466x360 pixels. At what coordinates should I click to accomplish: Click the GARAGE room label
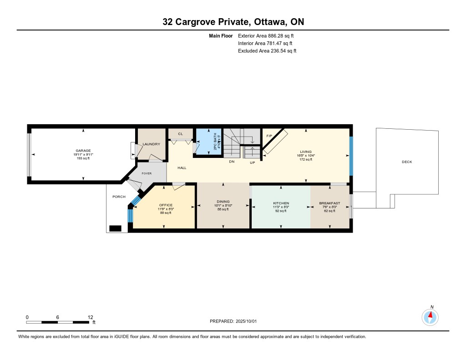(83, 151)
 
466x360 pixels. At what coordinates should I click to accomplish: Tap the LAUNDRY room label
(151, 144)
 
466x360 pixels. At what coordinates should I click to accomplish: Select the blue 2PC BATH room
(208, 142)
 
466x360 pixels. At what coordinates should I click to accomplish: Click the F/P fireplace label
(269, 136)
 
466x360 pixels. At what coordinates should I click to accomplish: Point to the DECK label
(407, 162)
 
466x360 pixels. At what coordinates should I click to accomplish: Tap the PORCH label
(119, 197)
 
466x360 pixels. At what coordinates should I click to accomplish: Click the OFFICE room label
(166, 205)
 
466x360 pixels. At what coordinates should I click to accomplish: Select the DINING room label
(223, 202)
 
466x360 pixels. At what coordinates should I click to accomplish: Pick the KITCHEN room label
(281, 203)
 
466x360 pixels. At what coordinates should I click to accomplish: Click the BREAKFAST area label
(329, 203)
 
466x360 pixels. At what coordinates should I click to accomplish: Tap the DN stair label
(232, 162)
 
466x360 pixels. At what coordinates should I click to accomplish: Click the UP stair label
(252, 162)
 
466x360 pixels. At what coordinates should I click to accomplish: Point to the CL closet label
(180, 134)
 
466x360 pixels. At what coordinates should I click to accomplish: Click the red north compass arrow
(431, 315)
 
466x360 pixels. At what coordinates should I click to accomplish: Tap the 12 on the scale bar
(91, 317)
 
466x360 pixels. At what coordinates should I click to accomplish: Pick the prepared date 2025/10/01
(246, 321)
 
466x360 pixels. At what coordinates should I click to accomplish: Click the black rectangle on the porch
(115, 228)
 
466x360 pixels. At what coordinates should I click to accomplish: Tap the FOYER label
(147, 173)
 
